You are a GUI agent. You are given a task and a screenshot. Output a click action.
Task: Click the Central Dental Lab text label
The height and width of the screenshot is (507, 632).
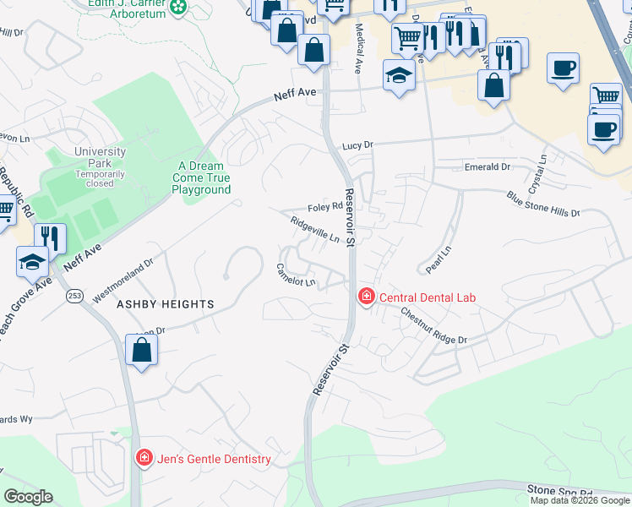coord(428,297)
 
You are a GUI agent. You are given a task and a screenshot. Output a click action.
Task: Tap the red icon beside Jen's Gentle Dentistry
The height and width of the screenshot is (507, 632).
coord(144,458)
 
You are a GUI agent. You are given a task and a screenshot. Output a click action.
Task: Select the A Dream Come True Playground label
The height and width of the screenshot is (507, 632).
coord(201,178)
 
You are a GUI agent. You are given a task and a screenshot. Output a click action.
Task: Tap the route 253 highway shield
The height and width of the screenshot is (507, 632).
coord(75,296)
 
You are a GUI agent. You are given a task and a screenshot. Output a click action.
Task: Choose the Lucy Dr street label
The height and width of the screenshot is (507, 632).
coord(357,145)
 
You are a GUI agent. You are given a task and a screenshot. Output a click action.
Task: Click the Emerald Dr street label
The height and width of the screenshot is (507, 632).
coord(488,167)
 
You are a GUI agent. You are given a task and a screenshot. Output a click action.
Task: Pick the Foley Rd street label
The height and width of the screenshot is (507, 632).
coord(324,206)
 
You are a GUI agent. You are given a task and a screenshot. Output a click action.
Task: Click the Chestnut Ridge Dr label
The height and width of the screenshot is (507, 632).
coord(433,325)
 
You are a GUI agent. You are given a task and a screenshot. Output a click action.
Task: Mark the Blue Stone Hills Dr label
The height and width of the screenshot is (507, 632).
coord(543,204)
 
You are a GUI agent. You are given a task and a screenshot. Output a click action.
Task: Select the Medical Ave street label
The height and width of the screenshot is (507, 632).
coord(360,49)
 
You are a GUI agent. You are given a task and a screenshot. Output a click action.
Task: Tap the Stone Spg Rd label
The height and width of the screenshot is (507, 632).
coord(559,489)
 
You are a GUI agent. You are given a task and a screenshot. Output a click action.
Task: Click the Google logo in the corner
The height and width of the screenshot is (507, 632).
coord(28,497)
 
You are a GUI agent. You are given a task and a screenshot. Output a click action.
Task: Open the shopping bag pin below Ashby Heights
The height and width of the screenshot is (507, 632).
coord(141,349)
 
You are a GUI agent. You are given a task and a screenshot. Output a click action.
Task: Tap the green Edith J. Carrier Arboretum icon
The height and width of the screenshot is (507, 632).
coord(178,8)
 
